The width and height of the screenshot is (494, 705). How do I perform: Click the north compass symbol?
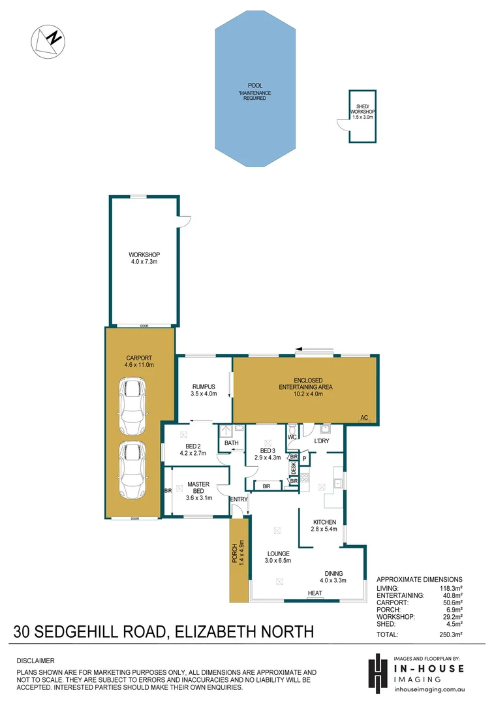click(x=48, y=40)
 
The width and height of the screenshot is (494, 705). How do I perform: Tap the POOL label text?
click(x=255, y=86)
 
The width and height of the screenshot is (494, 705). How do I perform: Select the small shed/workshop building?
click(x=362, y=116)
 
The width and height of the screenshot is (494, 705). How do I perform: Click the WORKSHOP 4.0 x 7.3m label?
click(x=144, y=258)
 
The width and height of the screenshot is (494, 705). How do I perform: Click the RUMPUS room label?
click(x=203, y=390)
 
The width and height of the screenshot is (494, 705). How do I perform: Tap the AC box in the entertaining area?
click(x=363, y=418)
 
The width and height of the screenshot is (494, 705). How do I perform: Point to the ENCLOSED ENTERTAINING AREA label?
click(x=305, y=383)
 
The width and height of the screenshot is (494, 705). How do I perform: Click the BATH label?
click(x=231, y=443)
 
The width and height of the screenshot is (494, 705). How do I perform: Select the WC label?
click(x=292, y=437)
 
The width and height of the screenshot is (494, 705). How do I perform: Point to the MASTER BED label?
click(x=198, y=488)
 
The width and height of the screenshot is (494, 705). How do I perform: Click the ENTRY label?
click(x=238, y=499)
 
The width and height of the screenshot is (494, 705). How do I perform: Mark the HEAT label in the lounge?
click(x=315, y=593)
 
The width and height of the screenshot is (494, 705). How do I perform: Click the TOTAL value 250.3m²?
click(x=450, y=634)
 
